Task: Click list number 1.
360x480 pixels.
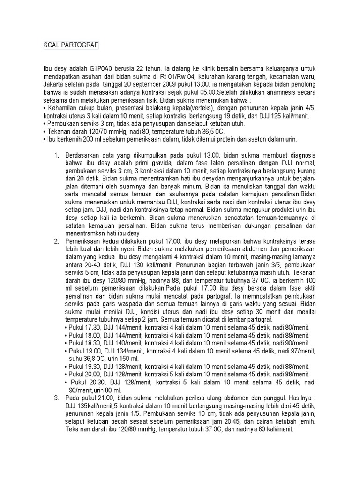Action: [57, 155]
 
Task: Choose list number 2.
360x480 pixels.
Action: [57, 241]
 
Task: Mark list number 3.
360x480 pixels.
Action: [57, 397]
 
